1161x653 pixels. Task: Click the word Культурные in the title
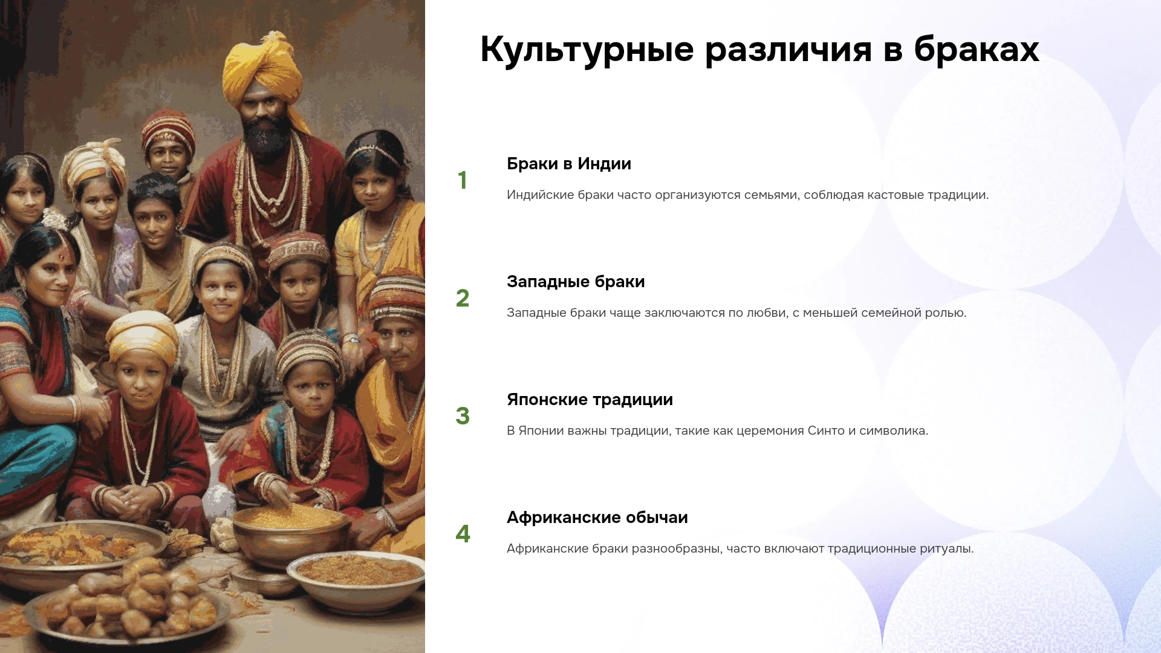(x=587, y=50)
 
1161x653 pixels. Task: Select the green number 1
(x=463, y=180)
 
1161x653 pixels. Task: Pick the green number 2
(x=463, y=298)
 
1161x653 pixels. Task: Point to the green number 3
(x=463, y=416)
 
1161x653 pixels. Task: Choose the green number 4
(x=463, y=534)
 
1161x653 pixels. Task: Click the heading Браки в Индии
(x=569, y=164)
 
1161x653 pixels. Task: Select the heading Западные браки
(x=576, y=282)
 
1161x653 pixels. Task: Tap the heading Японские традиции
(x=590, y=400)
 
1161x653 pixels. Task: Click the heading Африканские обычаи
(x=597, y=518)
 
